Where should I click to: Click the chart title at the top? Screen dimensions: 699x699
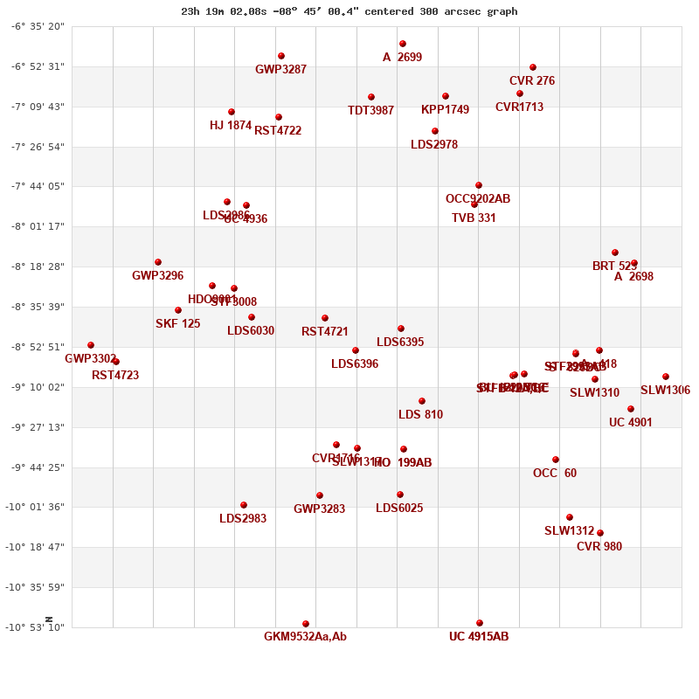tap(349, 11)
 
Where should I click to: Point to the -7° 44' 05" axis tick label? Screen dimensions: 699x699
tap(38, 186)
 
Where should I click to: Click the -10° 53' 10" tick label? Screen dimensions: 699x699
tap(38, 627)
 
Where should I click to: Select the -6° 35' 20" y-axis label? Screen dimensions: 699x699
tap(38, 26)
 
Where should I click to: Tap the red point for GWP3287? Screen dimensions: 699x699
tap(281, 56)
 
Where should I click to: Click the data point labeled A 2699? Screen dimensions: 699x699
tap(403, 44)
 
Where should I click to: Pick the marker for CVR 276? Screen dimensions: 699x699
tap(533, 67)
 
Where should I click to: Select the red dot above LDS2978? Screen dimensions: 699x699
tap(435, 131)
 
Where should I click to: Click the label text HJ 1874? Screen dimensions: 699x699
tap(231, 126)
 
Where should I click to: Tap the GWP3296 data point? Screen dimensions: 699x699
tap(158, 262)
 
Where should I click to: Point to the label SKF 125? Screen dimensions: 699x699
tap(178, 324)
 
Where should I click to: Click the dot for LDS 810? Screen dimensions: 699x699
tap(422, 401)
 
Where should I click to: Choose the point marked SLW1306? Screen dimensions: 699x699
tap(666, 377)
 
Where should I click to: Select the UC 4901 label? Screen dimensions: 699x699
tap(631, 423)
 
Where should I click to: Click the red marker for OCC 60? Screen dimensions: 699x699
tap(556, 460)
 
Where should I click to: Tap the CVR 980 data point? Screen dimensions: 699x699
tap(600, 533)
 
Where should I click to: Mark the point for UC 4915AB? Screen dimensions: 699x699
tap(480, 623)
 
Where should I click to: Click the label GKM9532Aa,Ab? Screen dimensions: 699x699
tap(305, 637)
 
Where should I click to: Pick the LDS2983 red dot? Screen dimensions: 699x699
tap(244, 505)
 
